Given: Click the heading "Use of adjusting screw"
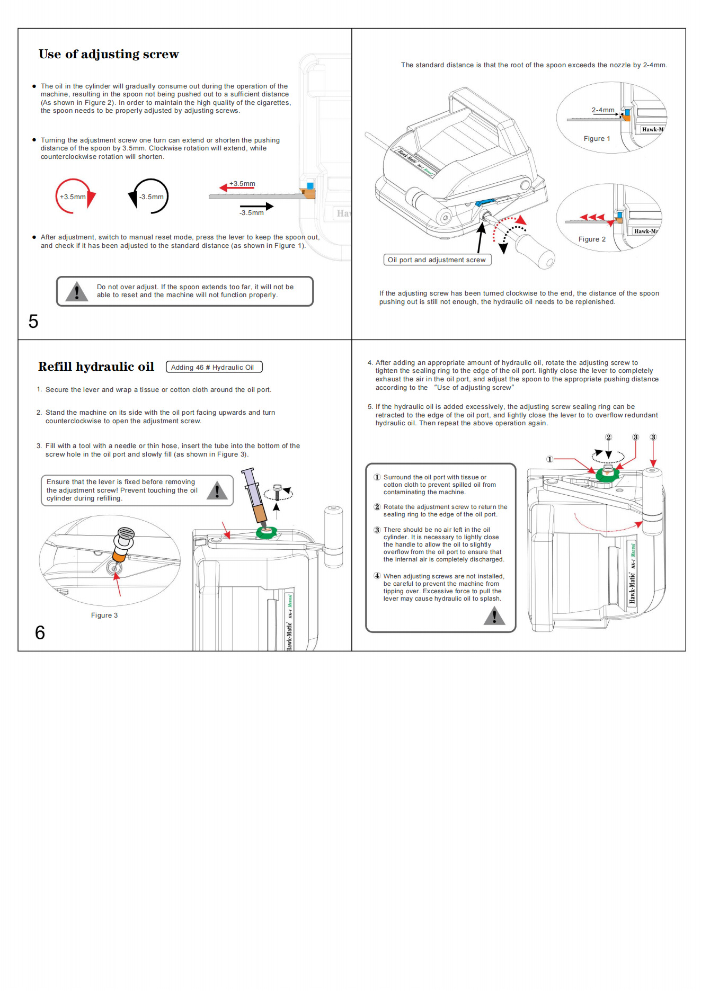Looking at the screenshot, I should pyautogui.click(x=109, y=54).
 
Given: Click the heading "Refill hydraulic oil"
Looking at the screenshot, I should pyautogui.click(x=96, y=367).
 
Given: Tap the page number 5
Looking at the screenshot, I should pyautogui.click(x=33, y=322).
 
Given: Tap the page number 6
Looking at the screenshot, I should pyautogui.click(x=40, y=632).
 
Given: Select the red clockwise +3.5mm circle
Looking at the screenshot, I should pyautogui.click(x=74, y=197).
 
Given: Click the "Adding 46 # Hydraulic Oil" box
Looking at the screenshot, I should pyautogui.click(x=214, y=367).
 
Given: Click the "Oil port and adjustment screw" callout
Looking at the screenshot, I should pyautogui.click(x=437, y=260).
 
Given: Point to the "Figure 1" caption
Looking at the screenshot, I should pyautogui.click(x=597, y=139).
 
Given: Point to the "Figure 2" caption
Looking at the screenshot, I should pyautogui.click(x=592, y=239).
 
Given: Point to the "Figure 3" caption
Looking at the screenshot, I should pyautogui.click(x=104, y=615).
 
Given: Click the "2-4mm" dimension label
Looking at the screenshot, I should pyautogui.click(x=602, y=110).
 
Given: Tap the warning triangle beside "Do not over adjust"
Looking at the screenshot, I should pyautogui.click(x=77, y=291).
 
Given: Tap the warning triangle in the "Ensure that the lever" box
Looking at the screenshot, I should pyautogui.click(x=217, y=490).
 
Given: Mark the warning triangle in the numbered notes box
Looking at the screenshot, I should pyautogui.click(x=494, y=615).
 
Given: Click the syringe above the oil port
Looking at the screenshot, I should pyautogui.click(x=255, y=495).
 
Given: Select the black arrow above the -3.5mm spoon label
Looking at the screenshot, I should pyautogui.click(x=256, y=206).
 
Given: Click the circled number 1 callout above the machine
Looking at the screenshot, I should pyautogui.click(x=550, y=459).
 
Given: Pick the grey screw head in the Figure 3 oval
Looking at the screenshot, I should pyautogui.click(x=126, y=533).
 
